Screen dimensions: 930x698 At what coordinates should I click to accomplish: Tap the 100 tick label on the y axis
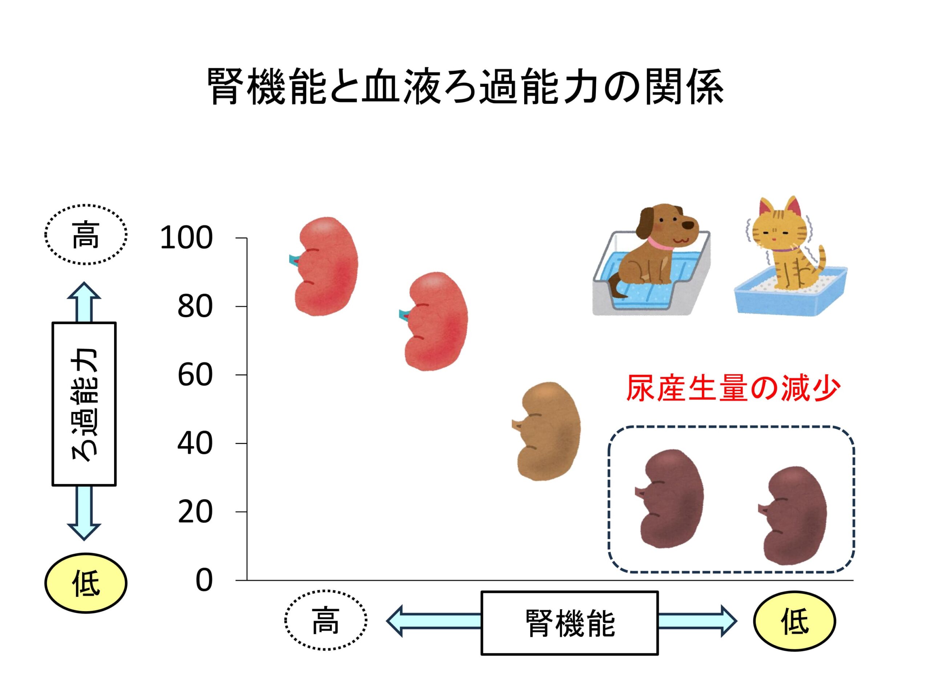[x=186, y=238]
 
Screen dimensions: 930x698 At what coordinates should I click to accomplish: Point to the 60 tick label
[x=195, y=375]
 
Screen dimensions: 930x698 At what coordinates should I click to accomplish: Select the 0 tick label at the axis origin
[x=204, y=581]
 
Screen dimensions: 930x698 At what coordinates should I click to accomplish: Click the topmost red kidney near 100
[x=324, y=266]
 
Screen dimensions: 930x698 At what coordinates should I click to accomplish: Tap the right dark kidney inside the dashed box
[x=793, y=516]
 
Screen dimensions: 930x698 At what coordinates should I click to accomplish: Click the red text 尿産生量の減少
[x=733, y=388]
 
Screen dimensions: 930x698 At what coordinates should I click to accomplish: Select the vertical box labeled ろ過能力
[x=84, y=404]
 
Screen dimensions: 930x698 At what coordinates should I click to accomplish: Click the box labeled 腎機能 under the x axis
[x=570, y=623]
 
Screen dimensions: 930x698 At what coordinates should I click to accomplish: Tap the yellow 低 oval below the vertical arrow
[x=86, y=583]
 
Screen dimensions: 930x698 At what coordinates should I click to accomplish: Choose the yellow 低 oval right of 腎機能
[x=794, y=621]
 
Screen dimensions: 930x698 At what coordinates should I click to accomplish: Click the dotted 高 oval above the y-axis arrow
[x=86, y=235]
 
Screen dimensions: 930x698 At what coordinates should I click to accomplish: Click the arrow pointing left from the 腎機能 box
[x=434, y=621]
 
